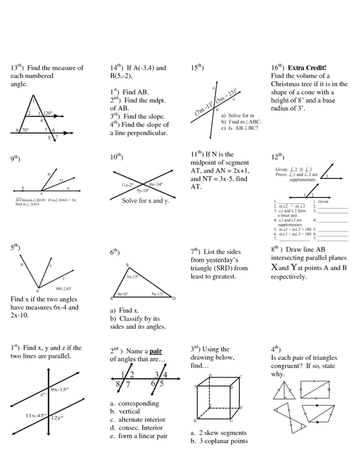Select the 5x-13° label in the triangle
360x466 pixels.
click(x=157, y=294)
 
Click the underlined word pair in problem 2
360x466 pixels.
click(x=156, y=351)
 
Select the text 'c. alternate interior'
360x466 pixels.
click(x=137, y=420)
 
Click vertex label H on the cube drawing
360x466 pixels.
click(x=195, y=420)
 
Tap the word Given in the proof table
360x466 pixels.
click(x=325, y=201)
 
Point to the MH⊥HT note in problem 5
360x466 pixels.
click(x=64, y=289)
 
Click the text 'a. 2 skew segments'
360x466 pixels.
click(x=218, y=433)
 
